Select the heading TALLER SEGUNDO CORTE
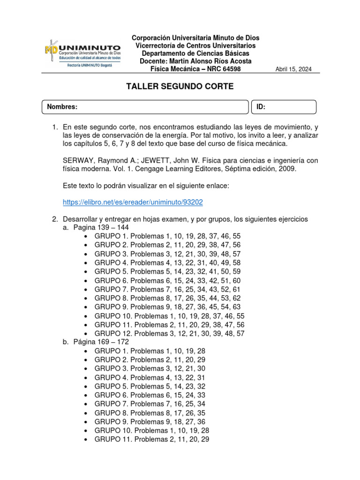click(180, 87)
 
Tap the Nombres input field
click(145, 107)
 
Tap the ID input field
click(284, 107)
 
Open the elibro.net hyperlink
click(133, 202)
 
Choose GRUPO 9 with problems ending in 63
click(167, 307)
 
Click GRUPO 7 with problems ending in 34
click(150, 404)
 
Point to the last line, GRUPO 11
click(152, 439)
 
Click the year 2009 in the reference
click(287, 169)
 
